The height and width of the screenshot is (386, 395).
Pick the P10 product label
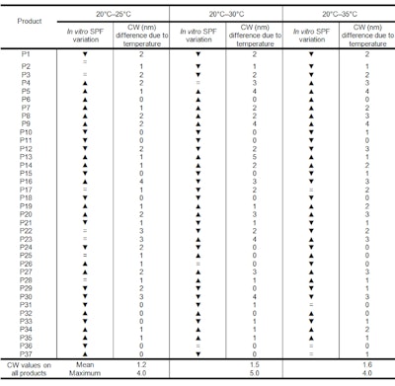click(x=27, y=131)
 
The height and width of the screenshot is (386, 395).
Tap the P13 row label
click(x=27, y=157)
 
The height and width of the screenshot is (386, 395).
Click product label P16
click(x=27, y=182)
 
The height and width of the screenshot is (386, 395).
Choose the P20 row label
click(x=27, y=214)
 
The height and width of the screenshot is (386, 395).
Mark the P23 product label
click(x=27, y=239)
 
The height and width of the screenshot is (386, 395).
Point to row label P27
click(x=27, y=271)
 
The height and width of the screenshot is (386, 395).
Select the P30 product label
click(x=27, y=296)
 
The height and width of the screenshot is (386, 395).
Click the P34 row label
click(x=27, y=329)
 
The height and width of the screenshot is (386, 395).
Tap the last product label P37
click(x=27, y=353)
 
